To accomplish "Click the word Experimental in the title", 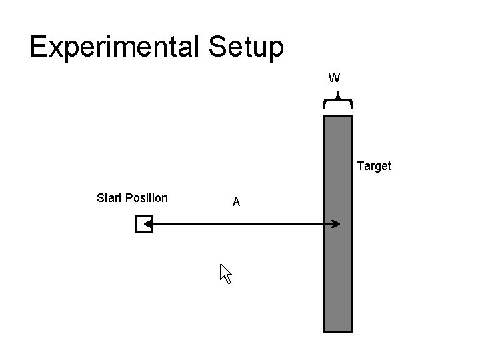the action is click(x=116, y=47).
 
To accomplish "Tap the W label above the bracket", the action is click(x=335, y=78).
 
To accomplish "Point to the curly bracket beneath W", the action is click(x=338, y=102).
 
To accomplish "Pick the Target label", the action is click(x=374, y=166).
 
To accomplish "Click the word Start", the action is click(x=109, y=197).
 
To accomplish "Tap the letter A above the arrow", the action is click(x=236, y=202).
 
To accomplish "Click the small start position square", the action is click(x=143, y=225).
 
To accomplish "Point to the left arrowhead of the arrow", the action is click(x=148, y=225).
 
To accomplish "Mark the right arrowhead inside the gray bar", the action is click(x=335, y=225).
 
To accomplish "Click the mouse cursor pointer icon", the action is click(x=225, y=273).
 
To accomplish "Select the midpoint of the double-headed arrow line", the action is click(x=241, y=225).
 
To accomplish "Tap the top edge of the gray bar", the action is click(x=338, y=117).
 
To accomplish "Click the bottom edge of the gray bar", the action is click(x=338, y=331).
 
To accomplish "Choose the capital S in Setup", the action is click(x=218, y=47).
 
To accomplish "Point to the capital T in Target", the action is click(x=361, y=166).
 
